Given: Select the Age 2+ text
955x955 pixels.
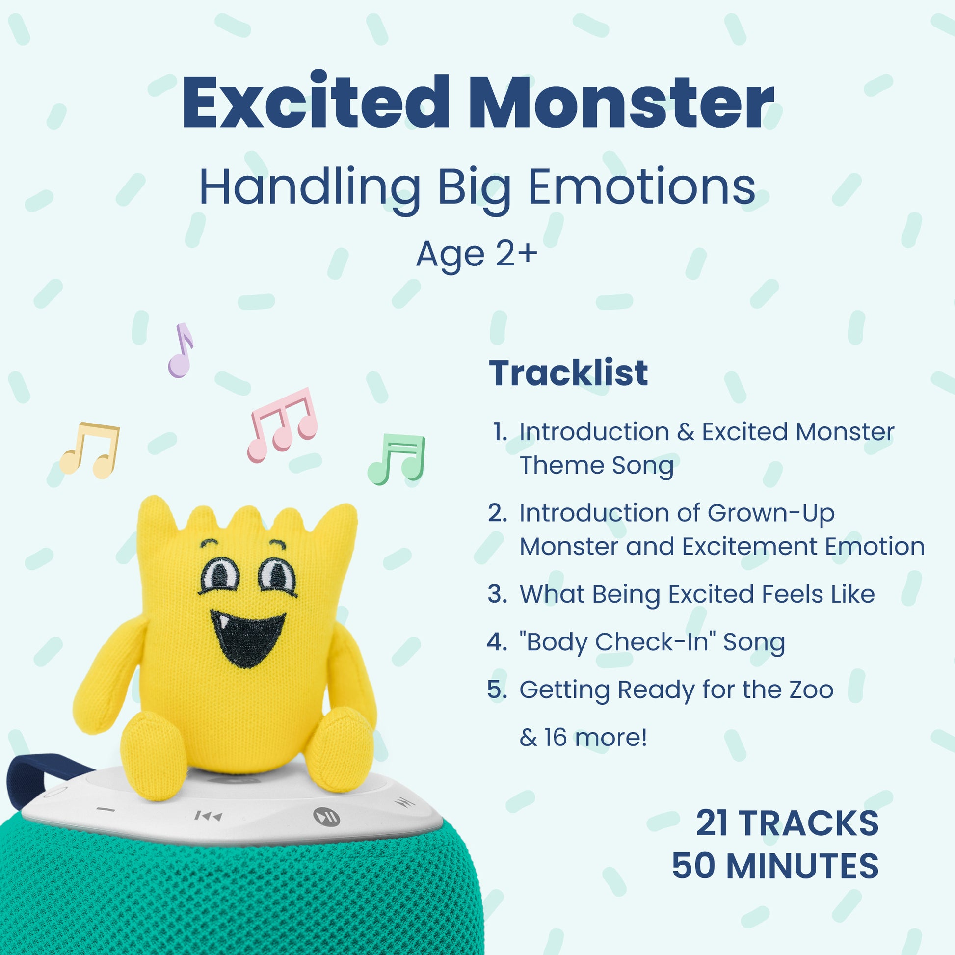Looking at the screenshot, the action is [x=477, y=255].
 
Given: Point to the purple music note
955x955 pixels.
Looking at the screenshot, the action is [x=181, y=350].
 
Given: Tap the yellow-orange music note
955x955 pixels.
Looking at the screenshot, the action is [x=90, y=450].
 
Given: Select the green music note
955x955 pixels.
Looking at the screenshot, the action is [x=396, y=459].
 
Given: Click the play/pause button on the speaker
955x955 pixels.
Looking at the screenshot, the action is [x=327, y=816].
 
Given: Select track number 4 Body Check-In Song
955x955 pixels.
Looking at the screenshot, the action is [x=636, y=642].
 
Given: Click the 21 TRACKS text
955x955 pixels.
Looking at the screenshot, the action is [x=787, y=823].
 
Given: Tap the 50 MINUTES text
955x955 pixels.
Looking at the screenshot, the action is [x=775, y=866].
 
